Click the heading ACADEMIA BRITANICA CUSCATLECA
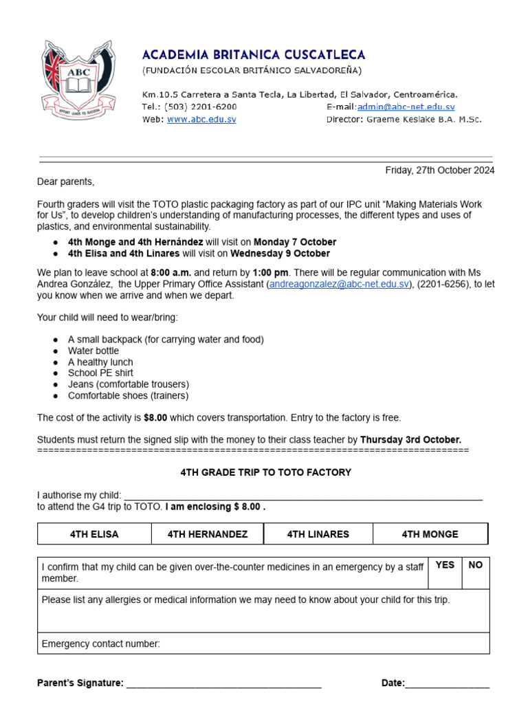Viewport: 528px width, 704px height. [x=254, y=55]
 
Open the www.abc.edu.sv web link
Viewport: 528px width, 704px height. [x=201, y=119]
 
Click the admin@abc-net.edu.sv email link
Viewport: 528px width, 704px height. [x=406, y=107]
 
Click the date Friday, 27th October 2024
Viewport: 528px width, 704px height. [x=439, y=170]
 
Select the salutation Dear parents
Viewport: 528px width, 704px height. [x=66, y=182]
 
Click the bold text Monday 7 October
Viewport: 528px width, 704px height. [x=295, y=242]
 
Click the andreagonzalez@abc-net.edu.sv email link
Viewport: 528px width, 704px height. [x=340, y=284]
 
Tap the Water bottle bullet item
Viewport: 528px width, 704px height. [x=93, y=351]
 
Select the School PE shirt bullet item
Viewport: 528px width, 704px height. [x=100, y=373]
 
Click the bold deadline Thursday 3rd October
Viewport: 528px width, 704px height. [x=410, y=439]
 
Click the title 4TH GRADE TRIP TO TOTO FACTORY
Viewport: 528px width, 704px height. [x=265, y=472]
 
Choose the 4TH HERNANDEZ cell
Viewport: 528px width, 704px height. [x=207, y=534]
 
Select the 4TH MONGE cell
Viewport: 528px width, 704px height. [x=430, y=534]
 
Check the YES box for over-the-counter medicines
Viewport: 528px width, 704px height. [x=445, y=573]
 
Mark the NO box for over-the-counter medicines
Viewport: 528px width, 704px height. [x=476, y=573]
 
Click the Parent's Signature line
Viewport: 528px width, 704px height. [x=223, y=683]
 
